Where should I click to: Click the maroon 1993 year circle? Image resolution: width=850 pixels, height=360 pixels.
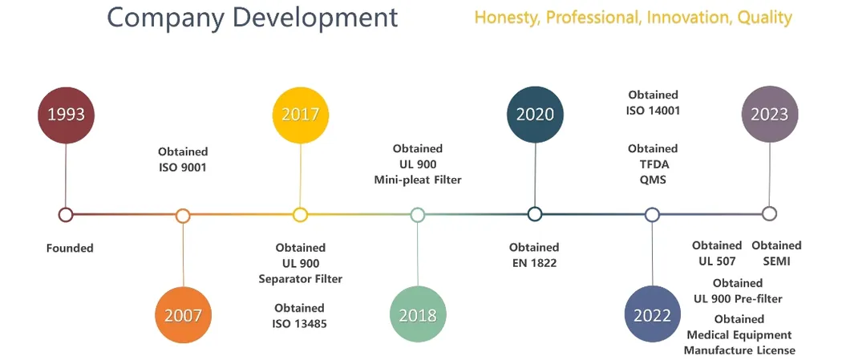tap(66, 115)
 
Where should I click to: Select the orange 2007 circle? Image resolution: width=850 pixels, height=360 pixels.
tap(183, 315)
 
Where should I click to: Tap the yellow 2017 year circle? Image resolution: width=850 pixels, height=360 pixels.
tap(301, 115)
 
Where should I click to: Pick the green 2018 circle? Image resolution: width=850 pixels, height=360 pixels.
tap(418, 315)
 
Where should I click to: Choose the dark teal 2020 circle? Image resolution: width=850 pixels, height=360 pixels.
tap(535, 115)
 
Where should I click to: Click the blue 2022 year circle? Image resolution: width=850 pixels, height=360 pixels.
tap(652, 315)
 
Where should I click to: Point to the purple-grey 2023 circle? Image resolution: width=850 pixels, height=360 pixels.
tap(770, 115)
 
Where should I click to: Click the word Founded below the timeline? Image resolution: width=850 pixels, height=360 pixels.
tap(70, 249)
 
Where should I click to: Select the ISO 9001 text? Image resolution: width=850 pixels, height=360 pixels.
tap(183, 168)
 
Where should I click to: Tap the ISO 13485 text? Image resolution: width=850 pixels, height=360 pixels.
tap(299, 324)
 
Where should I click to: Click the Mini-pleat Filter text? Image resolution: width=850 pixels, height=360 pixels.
tap(418, 180)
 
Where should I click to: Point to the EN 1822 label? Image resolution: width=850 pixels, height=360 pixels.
tap(534, 263)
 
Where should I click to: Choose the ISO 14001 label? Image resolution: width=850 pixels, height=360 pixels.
tap(653, 111)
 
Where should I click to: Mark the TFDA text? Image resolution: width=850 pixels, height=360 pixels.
tap(654, 164)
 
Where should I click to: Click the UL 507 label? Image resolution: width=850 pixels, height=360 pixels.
tap(717, 261)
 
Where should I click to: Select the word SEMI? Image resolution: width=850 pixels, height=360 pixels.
tap(776, 261)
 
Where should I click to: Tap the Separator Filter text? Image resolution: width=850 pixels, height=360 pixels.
tap(301, 279)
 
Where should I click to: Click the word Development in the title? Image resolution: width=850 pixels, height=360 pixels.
tap(318, 18)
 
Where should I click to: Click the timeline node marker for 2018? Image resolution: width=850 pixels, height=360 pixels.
tap(418, 215)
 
